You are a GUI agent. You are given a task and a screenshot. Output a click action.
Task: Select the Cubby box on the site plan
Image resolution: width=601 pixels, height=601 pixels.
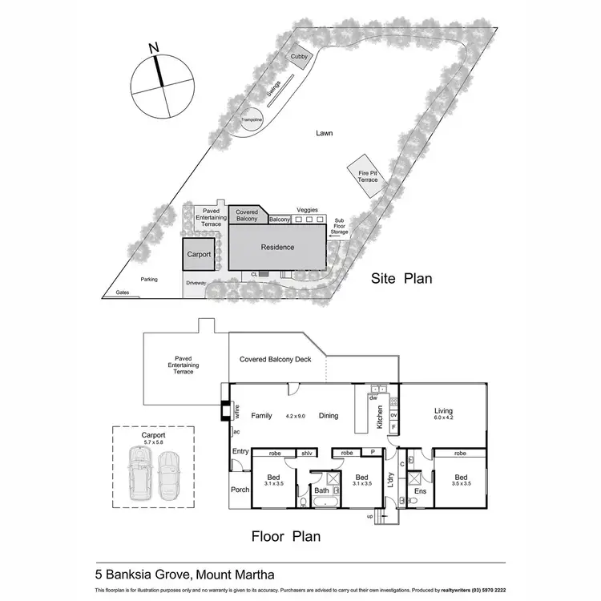299,56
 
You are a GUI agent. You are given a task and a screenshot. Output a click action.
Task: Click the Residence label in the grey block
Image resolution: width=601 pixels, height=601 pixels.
277,248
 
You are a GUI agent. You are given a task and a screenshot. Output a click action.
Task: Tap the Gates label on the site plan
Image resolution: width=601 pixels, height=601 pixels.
122,293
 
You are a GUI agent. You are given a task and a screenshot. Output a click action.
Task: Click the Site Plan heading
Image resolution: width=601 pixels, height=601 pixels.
401,279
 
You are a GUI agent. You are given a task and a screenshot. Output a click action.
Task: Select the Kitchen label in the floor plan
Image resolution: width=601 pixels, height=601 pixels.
379,417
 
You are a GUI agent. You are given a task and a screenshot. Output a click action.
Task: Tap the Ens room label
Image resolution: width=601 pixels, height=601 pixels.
420,490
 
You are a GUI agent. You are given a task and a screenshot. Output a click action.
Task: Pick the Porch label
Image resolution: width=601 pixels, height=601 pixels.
240,490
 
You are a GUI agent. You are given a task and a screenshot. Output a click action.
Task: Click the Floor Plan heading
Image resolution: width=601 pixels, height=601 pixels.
285,536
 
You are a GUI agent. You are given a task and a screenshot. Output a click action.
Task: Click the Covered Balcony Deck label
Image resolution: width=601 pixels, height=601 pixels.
275,360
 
